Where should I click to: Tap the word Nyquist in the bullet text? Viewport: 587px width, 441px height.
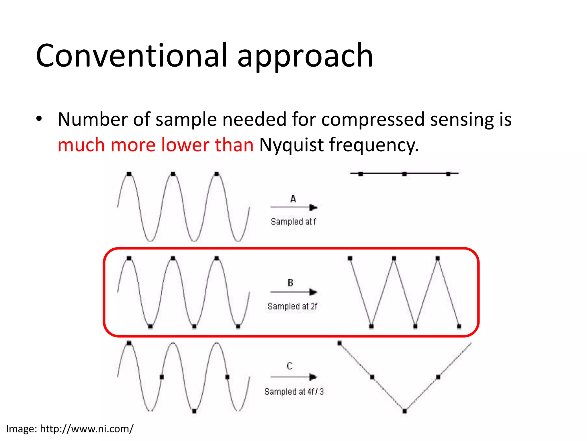tap(291, 145)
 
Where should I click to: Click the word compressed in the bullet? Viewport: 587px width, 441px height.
tap(373, 119)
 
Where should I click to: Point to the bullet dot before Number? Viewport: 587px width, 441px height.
tap(39, 119)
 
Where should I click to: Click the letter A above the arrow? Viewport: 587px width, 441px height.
tap(293, 199)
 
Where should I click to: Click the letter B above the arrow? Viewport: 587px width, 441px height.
tap(290, 283)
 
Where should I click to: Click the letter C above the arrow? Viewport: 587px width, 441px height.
tap(289, 366)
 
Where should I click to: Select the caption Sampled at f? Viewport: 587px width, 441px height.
tap(293, 222)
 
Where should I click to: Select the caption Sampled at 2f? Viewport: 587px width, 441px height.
tap(292, 306)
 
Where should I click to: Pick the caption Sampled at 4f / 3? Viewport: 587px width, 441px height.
tap(294, 392)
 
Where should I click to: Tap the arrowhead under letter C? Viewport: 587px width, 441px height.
tap(313, 377)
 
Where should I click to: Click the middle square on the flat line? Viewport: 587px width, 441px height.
tap(404, 174)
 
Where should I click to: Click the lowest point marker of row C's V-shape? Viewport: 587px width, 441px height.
tap(405, 411)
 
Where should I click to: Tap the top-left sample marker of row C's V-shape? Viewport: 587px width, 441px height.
tap(340, 343)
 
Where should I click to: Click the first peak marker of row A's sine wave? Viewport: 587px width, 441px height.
tap(129, 174)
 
